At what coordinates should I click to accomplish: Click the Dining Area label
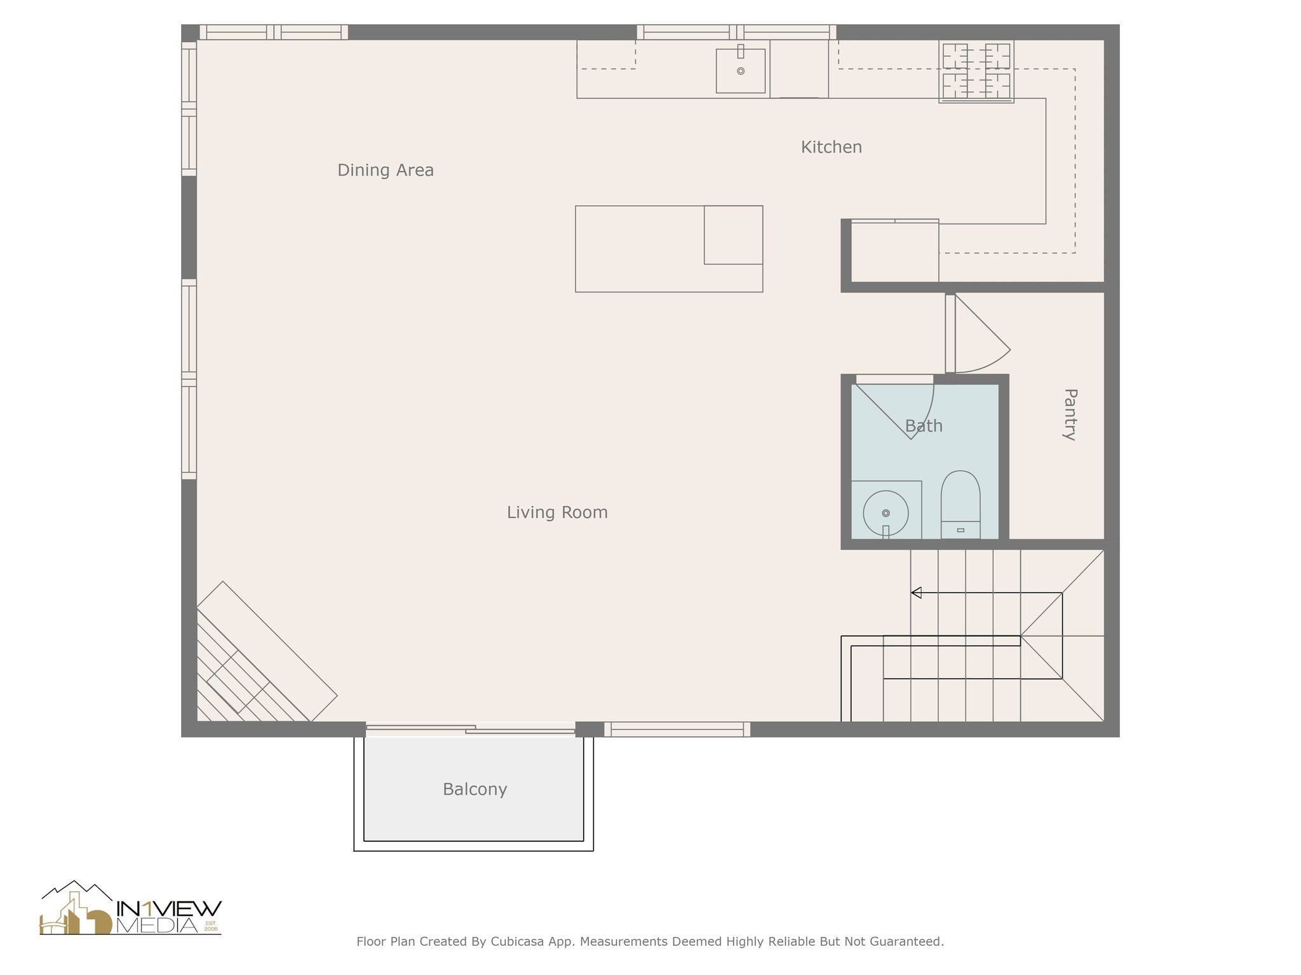(386, 170)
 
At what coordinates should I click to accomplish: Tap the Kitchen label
(831, 147)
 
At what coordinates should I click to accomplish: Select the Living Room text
(557, 512)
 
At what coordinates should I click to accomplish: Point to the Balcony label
(475, 790)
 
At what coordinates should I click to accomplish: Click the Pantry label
(1070, 415)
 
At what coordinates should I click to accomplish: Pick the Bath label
(924, 426)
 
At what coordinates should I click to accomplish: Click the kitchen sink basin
(741, 70)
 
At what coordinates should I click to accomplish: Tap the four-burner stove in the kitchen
(976, 71)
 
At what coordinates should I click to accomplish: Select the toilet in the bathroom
(961, 505)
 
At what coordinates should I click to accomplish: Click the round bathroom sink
(886, 513)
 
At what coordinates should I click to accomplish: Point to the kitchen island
(669, 249)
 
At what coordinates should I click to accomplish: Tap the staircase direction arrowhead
(916, 593)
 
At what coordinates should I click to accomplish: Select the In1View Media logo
(131, 908)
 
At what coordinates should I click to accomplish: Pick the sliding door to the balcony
(470, 729)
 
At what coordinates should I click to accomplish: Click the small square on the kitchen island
(734, 235)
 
